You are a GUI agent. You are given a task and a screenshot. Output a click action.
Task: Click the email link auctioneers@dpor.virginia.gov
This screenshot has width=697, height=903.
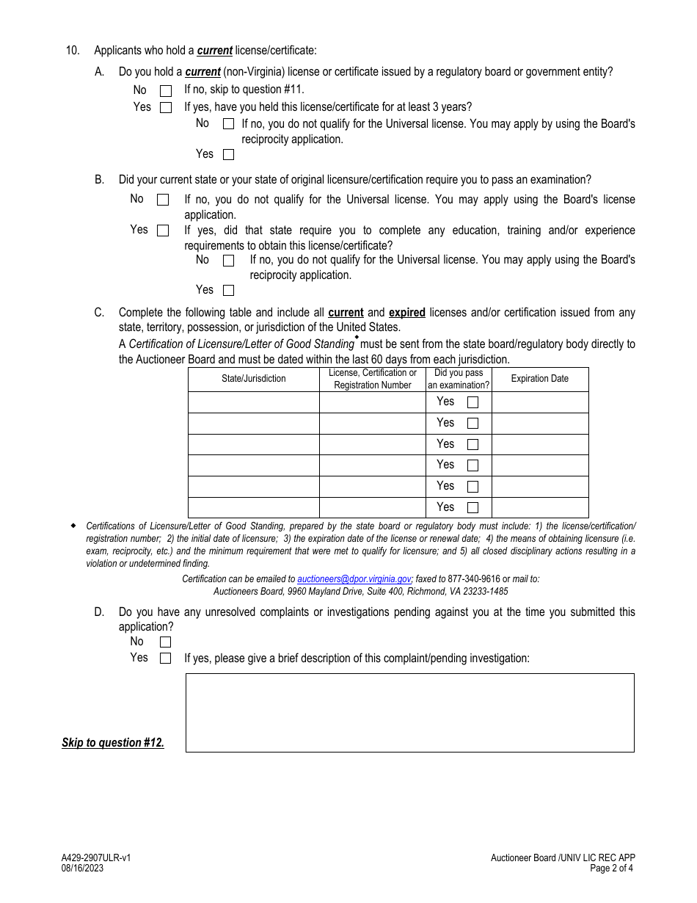click(x=354, y=579)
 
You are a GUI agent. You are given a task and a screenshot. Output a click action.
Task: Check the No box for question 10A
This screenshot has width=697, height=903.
click(x=166, y=91)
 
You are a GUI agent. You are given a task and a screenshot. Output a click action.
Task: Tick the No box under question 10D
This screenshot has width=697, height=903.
click(x=165, y=642)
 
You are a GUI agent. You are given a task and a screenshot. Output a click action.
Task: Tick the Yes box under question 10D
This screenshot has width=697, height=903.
click(x=165, y=659)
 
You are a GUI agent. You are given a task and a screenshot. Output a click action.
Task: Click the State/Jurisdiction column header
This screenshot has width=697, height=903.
click(x=254, y=379)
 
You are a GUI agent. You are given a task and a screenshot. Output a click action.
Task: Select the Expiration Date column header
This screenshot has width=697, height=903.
click(x=539, y=379)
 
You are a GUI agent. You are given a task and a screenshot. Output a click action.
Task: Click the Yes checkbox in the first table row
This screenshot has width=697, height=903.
click(x=472, y=402)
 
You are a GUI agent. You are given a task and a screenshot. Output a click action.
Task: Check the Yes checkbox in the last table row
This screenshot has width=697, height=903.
click(x=472, y=507)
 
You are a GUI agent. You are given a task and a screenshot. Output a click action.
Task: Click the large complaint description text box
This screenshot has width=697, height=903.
click(x=409, y=712)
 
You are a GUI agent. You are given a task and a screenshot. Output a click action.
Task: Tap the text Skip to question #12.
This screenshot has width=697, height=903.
click(x=113, y=742)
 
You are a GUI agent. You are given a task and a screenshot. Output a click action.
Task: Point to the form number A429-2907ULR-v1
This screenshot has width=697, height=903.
click(x=96, y=857)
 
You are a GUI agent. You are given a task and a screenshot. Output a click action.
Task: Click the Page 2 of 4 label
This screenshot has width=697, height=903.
click(x=612, y=868)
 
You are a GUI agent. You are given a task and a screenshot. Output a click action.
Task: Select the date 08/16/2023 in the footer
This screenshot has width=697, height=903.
click(x=82, y=868)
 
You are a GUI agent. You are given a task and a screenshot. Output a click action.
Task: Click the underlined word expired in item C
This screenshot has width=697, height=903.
click(x=406, y=313)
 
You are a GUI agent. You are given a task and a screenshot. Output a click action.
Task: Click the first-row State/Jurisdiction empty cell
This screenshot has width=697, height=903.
click(x=254, y=402)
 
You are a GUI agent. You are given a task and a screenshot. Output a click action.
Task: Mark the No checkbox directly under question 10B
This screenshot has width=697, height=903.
click(x=163, y=200)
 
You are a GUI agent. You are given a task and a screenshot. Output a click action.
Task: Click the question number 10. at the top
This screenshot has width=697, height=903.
click(x=73, y=51)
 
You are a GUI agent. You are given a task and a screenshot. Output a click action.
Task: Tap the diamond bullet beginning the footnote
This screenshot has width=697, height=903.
click(x=73, y=526)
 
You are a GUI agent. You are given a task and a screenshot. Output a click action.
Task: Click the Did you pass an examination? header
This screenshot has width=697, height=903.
click(x=459, y=379)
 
